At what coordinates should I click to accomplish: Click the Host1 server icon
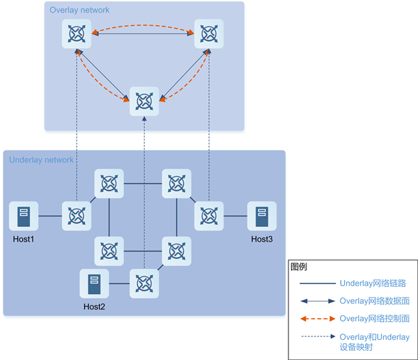pyautogui.click(x=24, y=216)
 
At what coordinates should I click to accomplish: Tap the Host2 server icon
pyautogui.click(x=94, y=283)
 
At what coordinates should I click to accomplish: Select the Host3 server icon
pyautogui.click(x=262, y=216)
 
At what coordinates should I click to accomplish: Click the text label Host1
pyautogui.click(x=24, y=240)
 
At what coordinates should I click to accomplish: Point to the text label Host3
pyautogui.click(x=263, y=240)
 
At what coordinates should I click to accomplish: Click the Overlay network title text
pyautogui.click(x=79, y=10)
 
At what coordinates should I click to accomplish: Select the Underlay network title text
pyautogui.click(x=41, y=160)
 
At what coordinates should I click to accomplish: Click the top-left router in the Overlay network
pyautogui.click(x=75, y=33)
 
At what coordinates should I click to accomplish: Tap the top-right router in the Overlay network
pyautogui.click(x=208, y=33)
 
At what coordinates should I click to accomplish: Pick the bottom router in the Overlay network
pyautogui.click(x=144, y=101)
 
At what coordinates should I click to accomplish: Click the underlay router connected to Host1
pyautogui.click(x=75, y=216)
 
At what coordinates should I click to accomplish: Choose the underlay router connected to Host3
pyautogui.click(x=208, y=216)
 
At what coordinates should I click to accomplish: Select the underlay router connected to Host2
pyautogui.click(x=144, y=283)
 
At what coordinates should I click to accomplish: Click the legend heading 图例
pyautogui.click(x=298, y=267)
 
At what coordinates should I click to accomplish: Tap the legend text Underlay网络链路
pyautogui.click(x=373, y=283)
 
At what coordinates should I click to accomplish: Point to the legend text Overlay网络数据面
pyautogui.click(x=374, y=301)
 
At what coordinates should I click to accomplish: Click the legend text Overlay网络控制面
pyautogui.click(x=374, y=318)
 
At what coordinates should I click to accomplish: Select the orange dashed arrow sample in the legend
pyautogui.click(x=316, y=319)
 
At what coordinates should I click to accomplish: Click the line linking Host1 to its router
pyautogui.click(x=49, y=216)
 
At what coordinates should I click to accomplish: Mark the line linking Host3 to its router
pyautogui.click(x=235, y=216)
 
